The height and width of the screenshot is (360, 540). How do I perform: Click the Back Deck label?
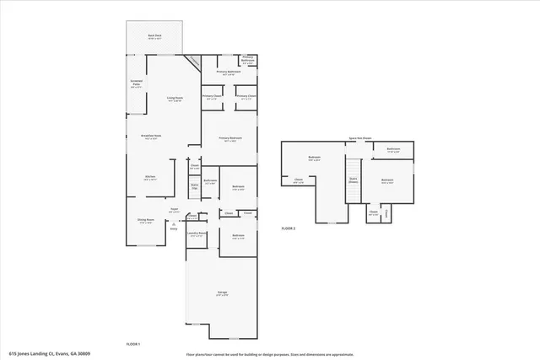(x=155, y=35)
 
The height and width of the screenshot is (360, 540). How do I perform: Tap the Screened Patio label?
(x=136, y=83)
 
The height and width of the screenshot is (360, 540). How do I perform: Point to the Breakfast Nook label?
(x=152, y=137)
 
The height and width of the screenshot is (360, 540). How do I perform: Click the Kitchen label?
(x=151, y=178)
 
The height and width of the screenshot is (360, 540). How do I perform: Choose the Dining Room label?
(x=146, y=221)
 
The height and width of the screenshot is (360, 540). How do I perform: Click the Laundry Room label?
(x=197, y=234)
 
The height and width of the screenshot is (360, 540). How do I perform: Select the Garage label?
(x=222, y=293)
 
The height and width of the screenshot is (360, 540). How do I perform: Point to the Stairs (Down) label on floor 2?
(x=354, y=180)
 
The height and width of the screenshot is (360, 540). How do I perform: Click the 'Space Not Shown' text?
(x=360, y=138)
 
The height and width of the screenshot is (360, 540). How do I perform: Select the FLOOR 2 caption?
(x=289, y=228)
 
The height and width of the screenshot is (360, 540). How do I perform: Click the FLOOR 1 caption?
(x=132, y=344)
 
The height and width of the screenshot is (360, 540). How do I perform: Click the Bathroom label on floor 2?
(x=393, y=149)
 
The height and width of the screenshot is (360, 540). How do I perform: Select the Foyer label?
(x=174, y=209)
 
